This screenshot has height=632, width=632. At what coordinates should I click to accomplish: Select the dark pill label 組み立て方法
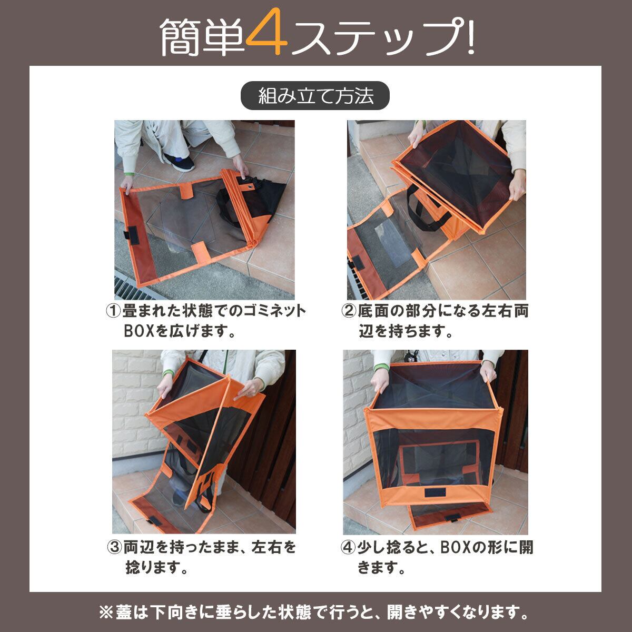click(315, 95)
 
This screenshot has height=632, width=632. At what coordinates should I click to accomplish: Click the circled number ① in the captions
click(113, 311)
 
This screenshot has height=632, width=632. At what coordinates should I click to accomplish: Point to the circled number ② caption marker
click(348, 311)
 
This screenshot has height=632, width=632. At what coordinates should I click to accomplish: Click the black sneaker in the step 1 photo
click(179, 161)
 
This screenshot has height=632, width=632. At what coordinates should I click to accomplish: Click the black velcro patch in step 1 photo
click(133, 235)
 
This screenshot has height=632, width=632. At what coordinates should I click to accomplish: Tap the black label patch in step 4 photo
click(435, 492)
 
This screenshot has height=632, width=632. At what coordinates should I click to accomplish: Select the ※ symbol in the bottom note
click(106, 612)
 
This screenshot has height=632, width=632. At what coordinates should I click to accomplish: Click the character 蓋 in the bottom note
click(124, 612)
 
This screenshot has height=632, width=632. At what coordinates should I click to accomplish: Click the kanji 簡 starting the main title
click(181, 37)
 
